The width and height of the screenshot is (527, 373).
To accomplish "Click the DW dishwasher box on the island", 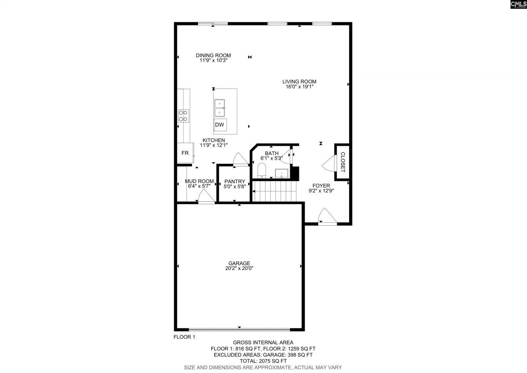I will pos(219,125).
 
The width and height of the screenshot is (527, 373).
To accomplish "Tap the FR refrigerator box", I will pos(185,153).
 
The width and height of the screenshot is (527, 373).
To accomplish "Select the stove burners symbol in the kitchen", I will pos(183,116).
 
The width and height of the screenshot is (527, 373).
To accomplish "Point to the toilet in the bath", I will pos(261,170).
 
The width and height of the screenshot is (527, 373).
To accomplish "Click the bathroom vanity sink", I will pos(282,173).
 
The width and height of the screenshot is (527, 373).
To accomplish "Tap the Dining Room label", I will pos(213,55).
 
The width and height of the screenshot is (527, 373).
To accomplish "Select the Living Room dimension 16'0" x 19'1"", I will pos(299,87).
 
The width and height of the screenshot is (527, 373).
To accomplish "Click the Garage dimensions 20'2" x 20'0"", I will pos(240,268).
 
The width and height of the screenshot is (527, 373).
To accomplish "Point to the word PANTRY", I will pos(235,182).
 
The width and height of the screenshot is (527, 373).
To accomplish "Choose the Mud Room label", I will pos(199,181).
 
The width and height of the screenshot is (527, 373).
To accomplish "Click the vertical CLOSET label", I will pos(343,162).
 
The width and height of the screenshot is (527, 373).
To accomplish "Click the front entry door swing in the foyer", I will pos(327,217).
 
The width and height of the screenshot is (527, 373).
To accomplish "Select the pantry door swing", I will pos(239,160).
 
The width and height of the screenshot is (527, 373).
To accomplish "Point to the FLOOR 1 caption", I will pos(184,337).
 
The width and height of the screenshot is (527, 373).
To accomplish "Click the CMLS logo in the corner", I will pos(518,5).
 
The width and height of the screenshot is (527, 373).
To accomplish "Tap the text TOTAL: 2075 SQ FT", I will pos(263,361).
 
